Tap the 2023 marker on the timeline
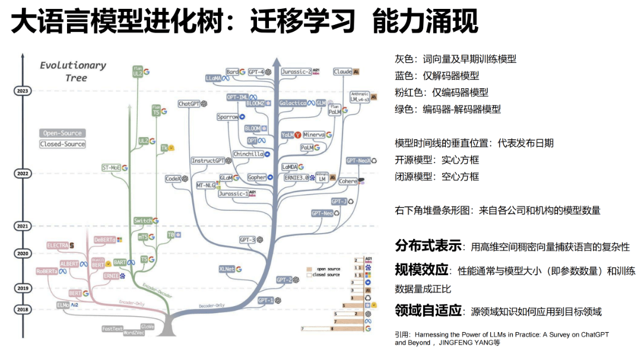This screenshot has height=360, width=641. (x=23, y=91)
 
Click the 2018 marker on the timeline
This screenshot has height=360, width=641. (x=23, y=310)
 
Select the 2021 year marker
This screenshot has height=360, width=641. (x=23, y=226)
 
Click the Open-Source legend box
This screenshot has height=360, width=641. (x=62, y=133)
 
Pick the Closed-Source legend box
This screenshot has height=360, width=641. (x=62, y=144)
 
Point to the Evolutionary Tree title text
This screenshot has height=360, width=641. (x=73, y=71)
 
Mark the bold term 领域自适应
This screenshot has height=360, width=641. (x=428, y=311)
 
